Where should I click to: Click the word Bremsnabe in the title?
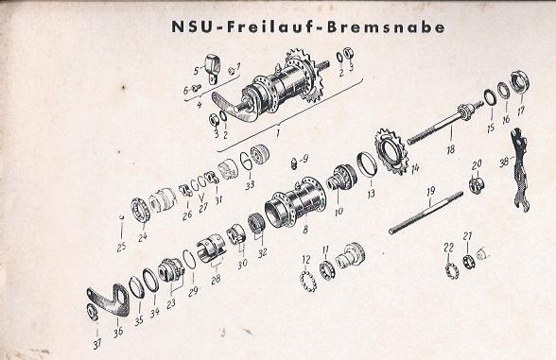coord(386,27)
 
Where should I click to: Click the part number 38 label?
coord(504,162)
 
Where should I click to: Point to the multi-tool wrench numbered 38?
coord(519,169)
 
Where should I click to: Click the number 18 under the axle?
coord(450,149)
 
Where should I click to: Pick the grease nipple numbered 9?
coord(294,163)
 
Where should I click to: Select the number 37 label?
coord(97,343)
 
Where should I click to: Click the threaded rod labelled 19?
coord(426,213)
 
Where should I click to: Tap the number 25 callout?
coord(121,247)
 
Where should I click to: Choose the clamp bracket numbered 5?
coord(213,67)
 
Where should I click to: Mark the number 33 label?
coord(250,184)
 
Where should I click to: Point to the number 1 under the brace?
coord(278,133)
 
